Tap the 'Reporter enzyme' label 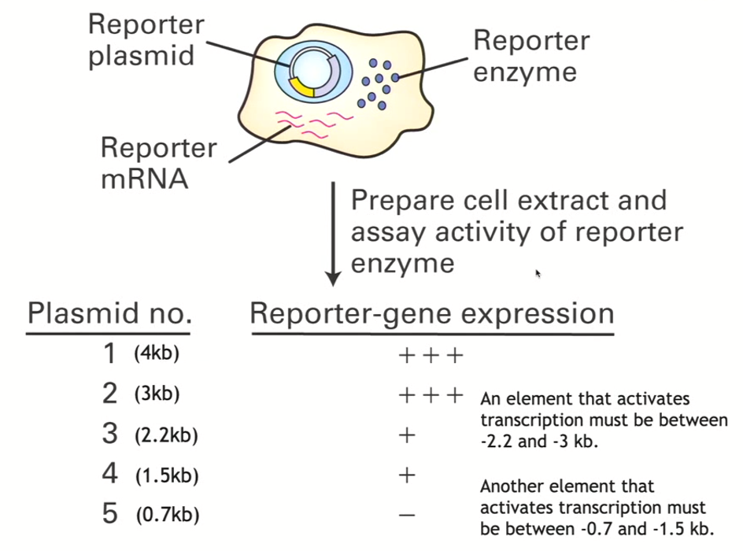tap(530, 56)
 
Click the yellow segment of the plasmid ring tap(300, 87)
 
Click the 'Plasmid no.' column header tap(109, 314)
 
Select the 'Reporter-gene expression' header tap(431, 314)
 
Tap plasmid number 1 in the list tap(110, 354)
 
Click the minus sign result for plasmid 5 tap(407, 516)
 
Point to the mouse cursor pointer tap(538, 273)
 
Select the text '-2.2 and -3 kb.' tap(539, 442)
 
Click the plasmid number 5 tap(110, 515)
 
